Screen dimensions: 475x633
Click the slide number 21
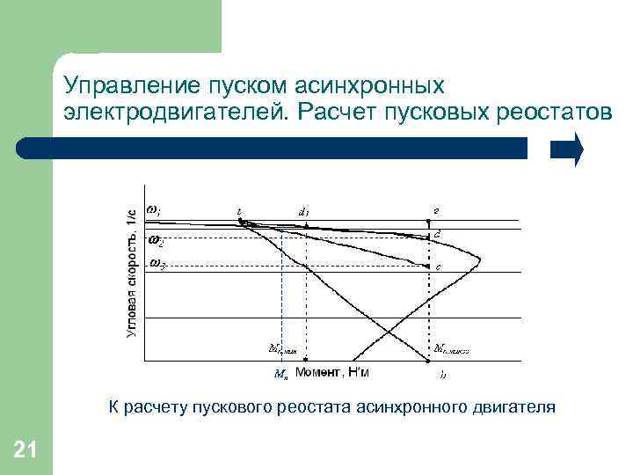[x=25, y=451]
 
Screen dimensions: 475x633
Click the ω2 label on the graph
[x=156, y=239]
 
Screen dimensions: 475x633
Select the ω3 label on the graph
[x=156, y=264]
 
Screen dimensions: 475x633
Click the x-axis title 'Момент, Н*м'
[x=332, y=373]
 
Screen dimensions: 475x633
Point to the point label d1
[x=304, y=212]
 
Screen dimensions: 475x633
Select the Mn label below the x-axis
[x=280, y=374]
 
